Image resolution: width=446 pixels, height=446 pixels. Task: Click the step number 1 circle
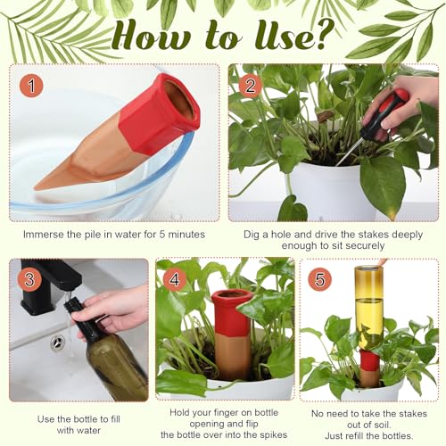pyautogui.click(x=31, y=86)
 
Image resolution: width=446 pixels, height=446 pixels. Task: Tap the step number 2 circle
pyautogui.click(x=250, y=86)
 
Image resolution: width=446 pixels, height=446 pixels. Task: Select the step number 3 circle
pyautogui.click(x=29, y=279)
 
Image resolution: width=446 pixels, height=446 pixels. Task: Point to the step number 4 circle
pyautogui.click(x=175, y=279)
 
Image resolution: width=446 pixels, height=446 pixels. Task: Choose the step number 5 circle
pyautogui.click(x=319, y=279)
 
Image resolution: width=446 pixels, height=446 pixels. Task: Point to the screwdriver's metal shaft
pyautogui.click(x=351, y=151)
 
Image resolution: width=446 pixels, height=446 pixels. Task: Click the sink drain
pyautogui.click(x=57, y=342)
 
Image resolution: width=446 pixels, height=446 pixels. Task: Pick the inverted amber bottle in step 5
pyautogui.click(x=368, y=309)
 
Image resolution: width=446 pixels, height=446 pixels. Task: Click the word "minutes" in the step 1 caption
pyautogui.click(x=186, y=235)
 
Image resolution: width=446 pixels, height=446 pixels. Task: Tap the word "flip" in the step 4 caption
pyautogui.click(x=252, y=424)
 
